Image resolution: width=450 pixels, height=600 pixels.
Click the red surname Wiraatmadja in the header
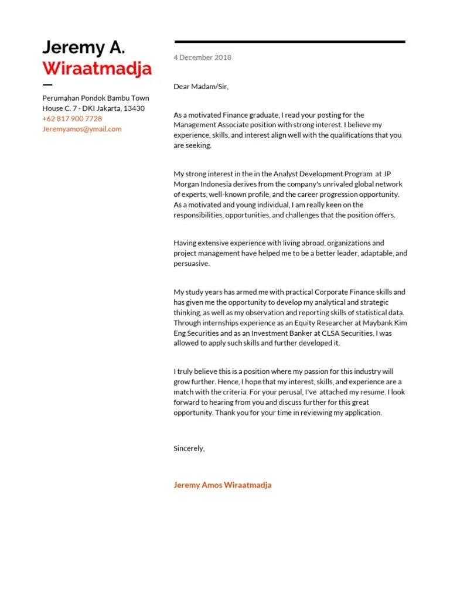click(97, 69)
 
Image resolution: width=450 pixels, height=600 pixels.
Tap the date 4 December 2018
click(202, 57)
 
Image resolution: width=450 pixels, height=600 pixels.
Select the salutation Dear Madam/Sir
click(201, 87)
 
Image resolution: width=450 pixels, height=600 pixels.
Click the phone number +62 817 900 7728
click(72, 119)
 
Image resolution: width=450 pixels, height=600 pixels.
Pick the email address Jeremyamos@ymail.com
click(82, 129)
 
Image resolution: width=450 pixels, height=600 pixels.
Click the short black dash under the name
click(47, 86)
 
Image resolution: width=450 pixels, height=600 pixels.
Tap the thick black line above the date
click(289, 42)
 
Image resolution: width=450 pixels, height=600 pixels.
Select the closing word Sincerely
click(189, 448)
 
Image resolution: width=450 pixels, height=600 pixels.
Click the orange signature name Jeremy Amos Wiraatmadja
click(223, 485)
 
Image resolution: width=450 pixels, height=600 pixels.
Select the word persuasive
click(191, 264)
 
